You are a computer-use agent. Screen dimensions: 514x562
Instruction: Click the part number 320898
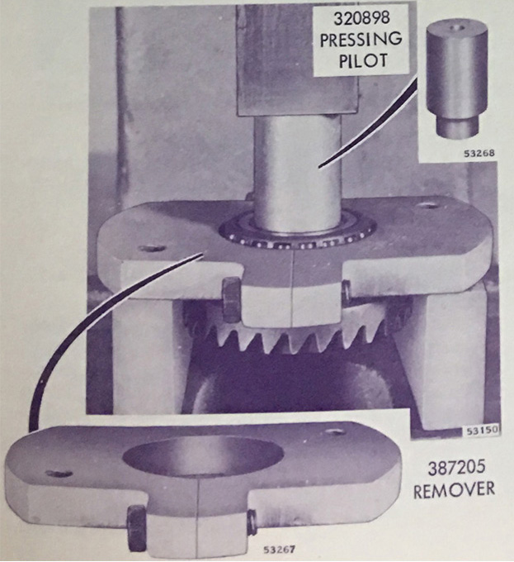tap(361, 19)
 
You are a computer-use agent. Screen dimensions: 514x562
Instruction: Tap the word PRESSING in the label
tap(361, 40)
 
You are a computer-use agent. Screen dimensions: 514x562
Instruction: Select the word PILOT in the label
tap(363, 60)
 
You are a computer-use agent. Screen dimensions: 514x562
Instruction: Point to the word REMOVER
tap(455, 489)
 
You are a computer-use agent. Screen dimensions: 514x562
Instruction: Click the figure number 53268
tap(479, 154)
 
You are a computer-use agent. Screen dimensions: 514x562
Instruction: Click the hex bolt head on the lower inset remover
tap(137, 528)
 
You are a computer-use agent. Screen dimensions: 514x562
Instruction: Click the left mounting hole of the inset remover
tap(59, 474)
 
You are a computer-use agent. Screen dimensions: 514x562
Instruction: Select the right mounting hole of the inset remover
tap(336, 431)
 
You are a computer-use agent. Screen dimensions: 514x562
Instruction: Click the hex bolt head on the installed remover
tap(232, 300)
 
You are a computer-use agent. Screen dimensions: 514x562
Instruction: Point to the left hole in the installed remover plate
tap(152, 249)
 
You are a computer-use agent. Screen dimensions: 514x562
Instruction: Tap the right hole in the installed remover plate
tap(427, 206)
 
